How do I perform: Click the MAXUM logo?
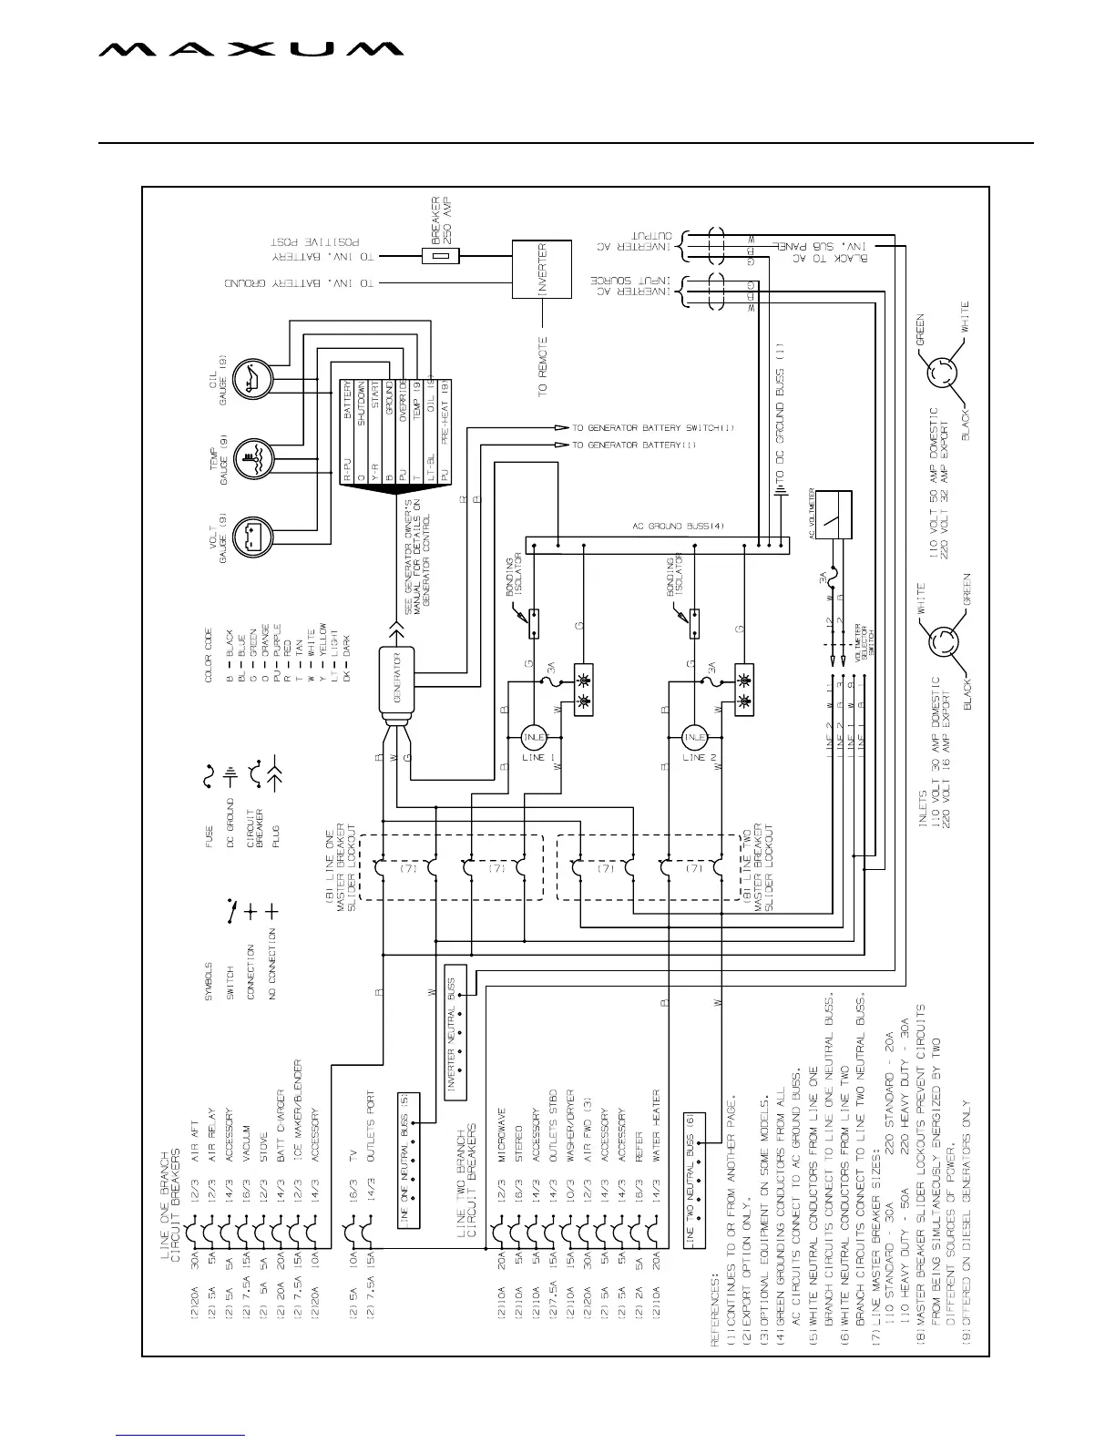(x=251, y=50)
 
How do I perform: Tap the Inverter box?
(x=542, y=271)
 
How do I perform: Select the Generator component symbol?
(x=397, y=678)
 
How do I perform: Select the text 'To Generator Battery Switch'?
(x=652, y=427)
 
